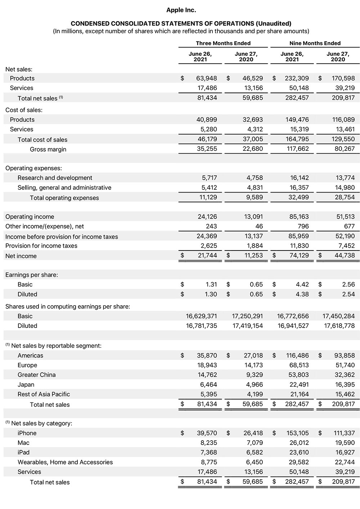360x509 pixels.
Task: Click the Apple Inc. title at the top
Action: pos(181,10)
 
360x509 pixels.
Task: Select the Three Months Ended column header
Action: pos(223,43)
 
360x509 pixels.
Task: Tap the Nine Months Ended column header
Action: pos(315,43)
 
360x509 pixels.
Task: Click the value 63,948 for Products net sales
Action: pos(207,78)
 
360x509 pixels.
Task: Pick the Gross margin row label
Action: pos(48,149)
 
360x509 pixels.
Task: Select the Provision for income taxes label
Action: pos(41,246)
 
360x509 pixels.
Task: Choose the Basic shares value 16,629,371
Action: pos(201,316)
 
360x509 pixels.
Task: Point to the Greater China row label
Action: pos(37,375)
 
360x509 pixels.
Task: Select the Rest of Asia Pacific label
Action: pos(44,394)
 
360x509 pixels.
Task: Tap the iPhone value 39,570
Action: pos(207,433)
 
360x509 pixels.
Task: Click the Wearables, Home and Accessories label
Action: pos(65,462)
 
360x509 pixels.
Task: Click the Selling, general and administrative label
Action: pos(64,188)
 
